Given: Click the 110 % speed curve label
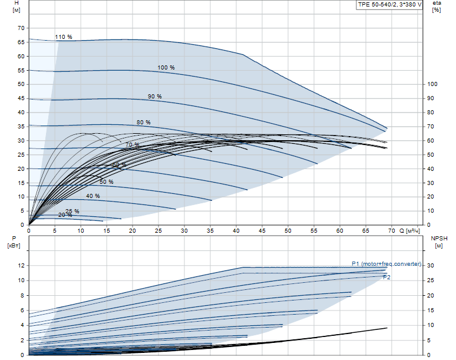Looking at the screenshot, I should (64, 37).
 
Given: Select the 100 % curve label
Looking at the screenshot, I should (166, 68).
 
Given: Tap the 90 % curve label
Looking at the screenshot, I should (154, 96).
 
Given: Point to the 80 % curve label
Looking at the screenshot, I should (144, 123).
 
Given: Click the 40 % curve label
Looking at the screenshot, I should (92, 196).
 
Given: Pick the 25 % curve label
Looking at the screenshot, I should (72, 211).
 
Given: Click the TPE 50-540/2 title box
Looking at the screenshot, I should (390, 5).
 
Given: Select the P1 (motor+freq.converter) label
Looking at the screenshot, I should (386, 263).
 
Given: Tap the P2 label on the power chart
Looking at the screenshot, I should (386, 276).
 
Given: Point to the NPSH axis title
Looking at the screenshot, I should (440, 239).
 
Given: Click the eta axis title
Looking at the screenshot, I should (437, 4).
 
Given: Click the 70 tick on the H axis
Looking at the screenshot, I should (21, 28).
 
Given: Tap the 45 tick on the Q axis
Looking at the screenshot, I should (262, 230).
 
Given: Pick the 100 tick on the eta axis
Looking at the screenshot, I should (432, 84).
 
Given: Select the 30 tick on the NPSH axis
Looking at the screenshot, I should (431, 266).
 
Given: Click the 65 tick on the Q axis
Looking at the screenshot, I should (366, 230).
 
